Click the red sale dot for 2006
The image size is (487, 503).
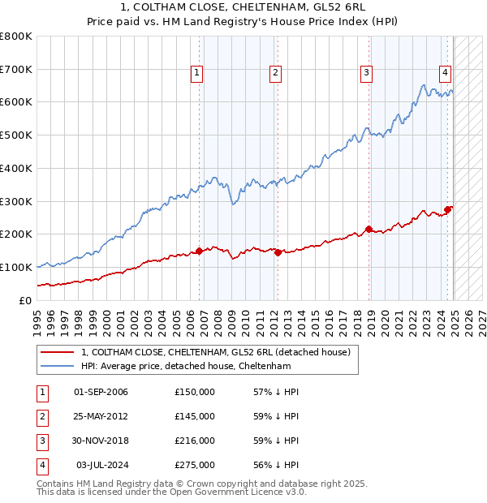[x=200, y=251]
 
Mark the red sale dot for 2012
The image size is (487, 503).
[x=278, y=252]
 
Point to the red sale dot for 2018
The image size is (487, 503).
[x=369, y=229]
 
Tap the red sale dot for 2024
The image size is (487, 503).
[x=448, y=209]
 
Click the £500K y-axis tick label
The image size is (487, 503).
[x=16, y=135]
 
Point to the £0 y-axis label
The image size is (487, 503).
[x=24, y=300]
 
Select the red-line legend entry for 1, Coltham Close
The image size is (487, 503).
[x=215, y=352]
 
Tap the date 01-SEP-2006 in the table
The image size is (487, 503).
[x=101, y=392]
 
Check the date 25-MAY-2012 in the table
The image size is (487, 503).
[x=101, y=416]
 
